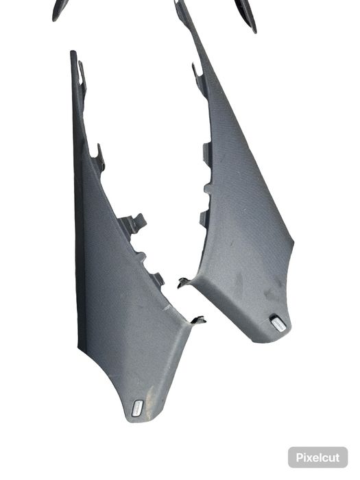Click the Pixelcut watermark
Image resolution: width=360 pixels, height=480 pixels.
pyautogui.click(x=317, y=457)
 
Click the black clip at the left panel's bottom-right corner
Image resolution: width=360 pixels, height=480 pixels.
pyautogui.click(x=197, y=319)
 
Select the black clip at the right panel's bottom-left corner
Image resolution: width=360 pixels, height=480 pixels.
pyautogui.click(x=184, y=281)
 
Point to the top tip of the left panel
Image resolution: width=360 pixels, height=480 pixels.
pyautogui.click(x=73, y=53)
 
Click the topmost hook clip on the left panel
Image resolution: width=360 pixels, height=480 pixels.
pyautogui.click(x=82, y=71)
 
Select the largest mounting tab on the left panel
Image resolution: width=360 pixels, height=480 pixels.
pyautogui.click(x=132, y=224)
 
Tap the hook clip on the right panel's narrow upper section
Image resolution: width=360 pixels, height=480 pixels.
pyautogui.click(x=197, y=71)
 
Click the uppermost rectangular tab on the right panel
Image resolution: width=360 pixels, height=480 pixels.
pyautogui.click(x=206, y=152)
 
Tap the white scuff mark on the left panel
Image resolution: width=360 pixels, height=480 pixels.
pyautogui.click(x=167, y=309)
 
